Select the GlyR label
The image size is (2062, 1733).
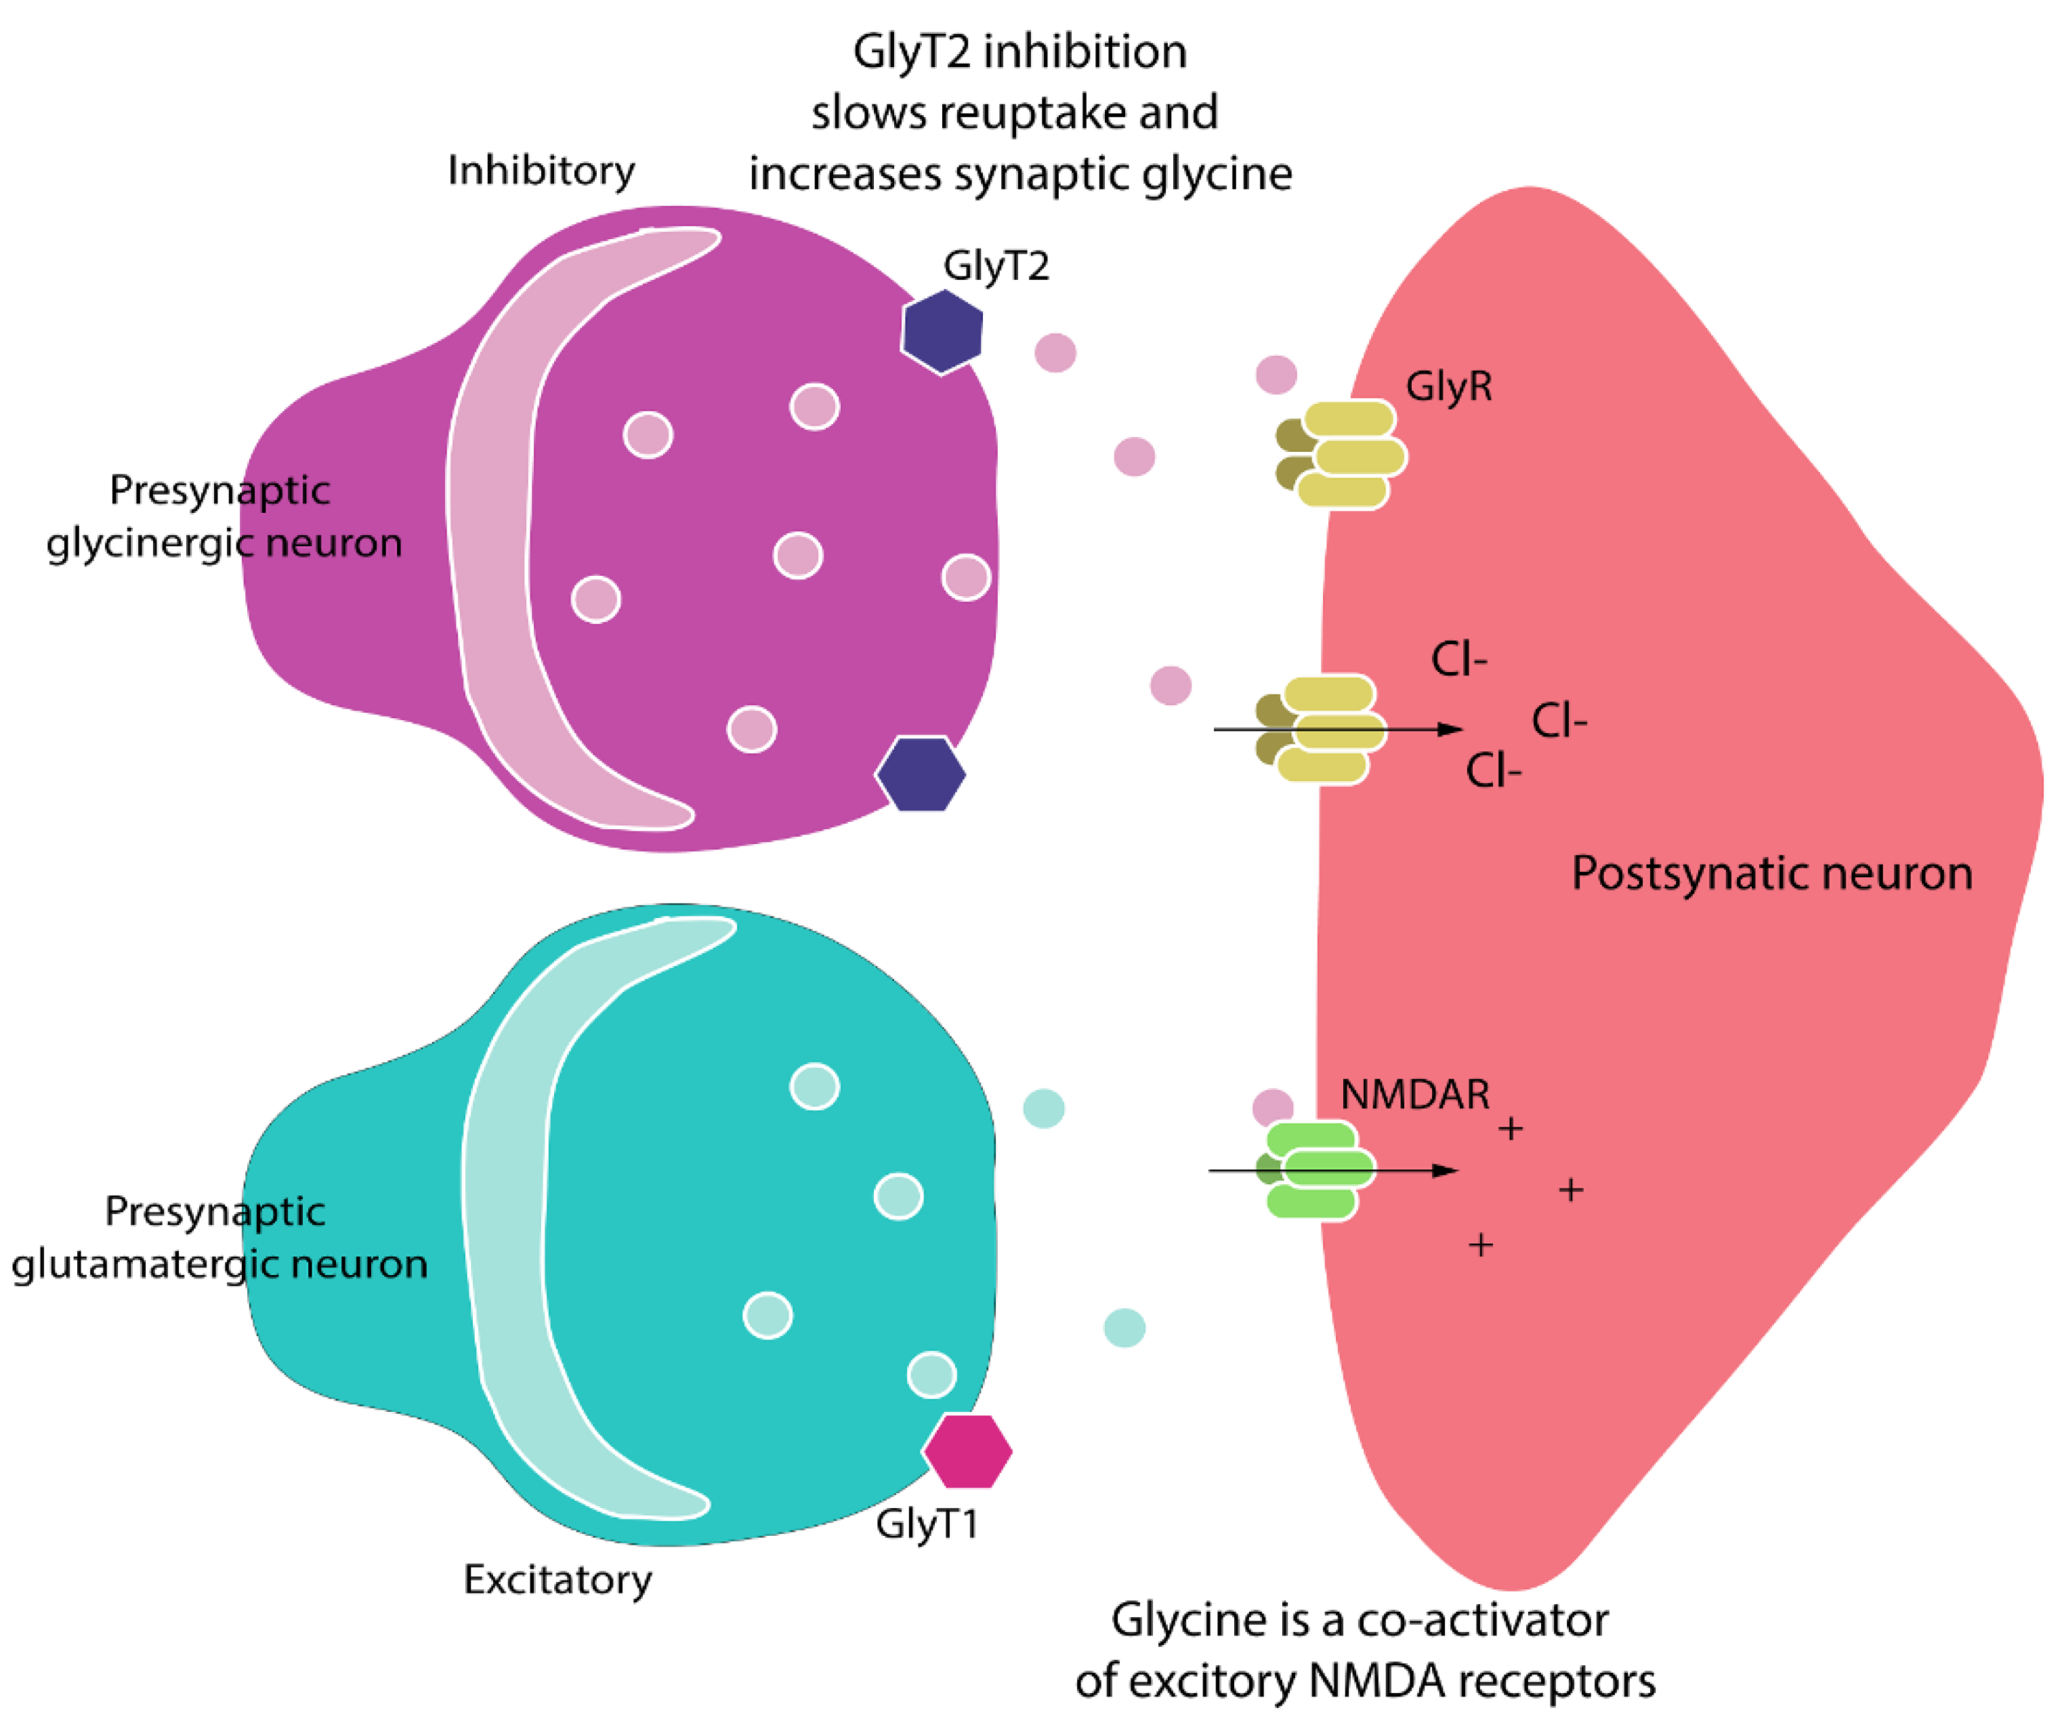click(1448, 386)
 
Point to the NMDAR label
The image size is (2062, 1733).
click(1414, 1094)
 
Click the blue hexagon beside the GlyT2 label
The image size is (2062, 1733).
click(942, 331)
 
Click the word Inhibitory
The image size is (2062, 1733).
click(541, 171)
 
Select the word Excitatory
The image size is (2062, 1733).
click(557, 1580)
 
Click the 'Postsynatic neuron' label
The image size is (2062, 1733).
click(1771, 873)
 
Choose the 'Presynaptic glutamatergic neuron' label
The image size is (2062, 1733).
click(218, 1237)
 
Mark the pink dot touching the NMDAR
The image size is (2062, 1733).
click(1272, 1107)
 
